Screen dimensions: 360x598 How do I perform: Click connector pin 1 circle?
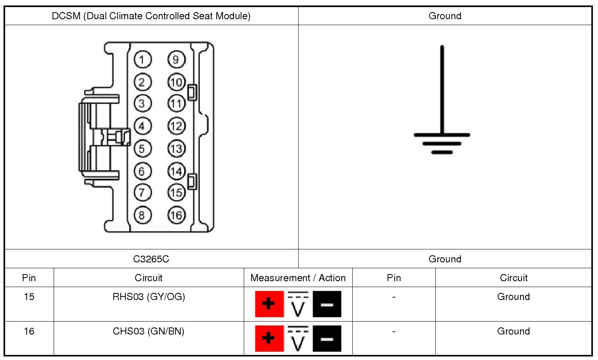point(142,60)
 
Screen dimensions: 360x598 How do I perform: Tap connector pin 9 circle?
point(176,60)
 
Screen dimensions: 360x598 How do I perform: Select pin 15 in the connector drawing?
point(176,192)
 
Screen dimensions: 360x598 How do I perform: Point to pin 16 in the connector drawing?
point(176,215)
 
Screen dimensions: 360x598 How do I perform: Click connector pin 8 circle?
point(142,215)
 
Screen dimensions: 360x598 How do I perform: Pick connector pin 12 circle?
point(176,126)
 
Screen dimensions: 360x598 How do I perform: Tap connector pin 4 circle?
point(142,126)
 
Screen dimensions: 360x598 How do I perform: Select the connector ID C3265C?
point(151,259)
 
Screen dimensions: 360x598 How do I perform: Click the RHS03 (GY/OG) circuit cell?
point(149,297)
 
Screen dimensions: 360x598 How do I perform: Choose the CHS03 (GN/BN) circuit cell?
point(149,331)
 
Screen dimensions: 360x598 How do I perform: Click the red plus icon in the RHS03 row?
point(269,304)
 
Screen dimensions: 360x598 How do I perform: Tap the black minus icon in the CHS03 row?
point(327,338)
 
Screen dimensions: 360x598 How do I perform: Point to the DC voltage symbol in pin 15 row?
point(298,304)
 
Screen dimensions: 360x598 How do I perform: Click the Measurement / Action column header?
point(298,278)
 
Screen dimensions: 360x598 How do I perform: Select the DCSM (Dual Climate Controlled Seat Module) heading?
point(151,16)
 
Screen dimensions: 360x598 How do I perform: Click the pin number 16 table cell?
point(29,331)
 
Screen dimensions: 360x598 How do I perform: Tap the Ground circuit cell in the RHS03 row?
point(513,297)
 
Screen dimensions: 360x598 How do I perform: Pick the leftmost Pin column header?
point(29,278)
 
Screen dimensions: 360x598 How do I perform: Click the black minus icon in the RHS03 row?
point(327,304)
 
